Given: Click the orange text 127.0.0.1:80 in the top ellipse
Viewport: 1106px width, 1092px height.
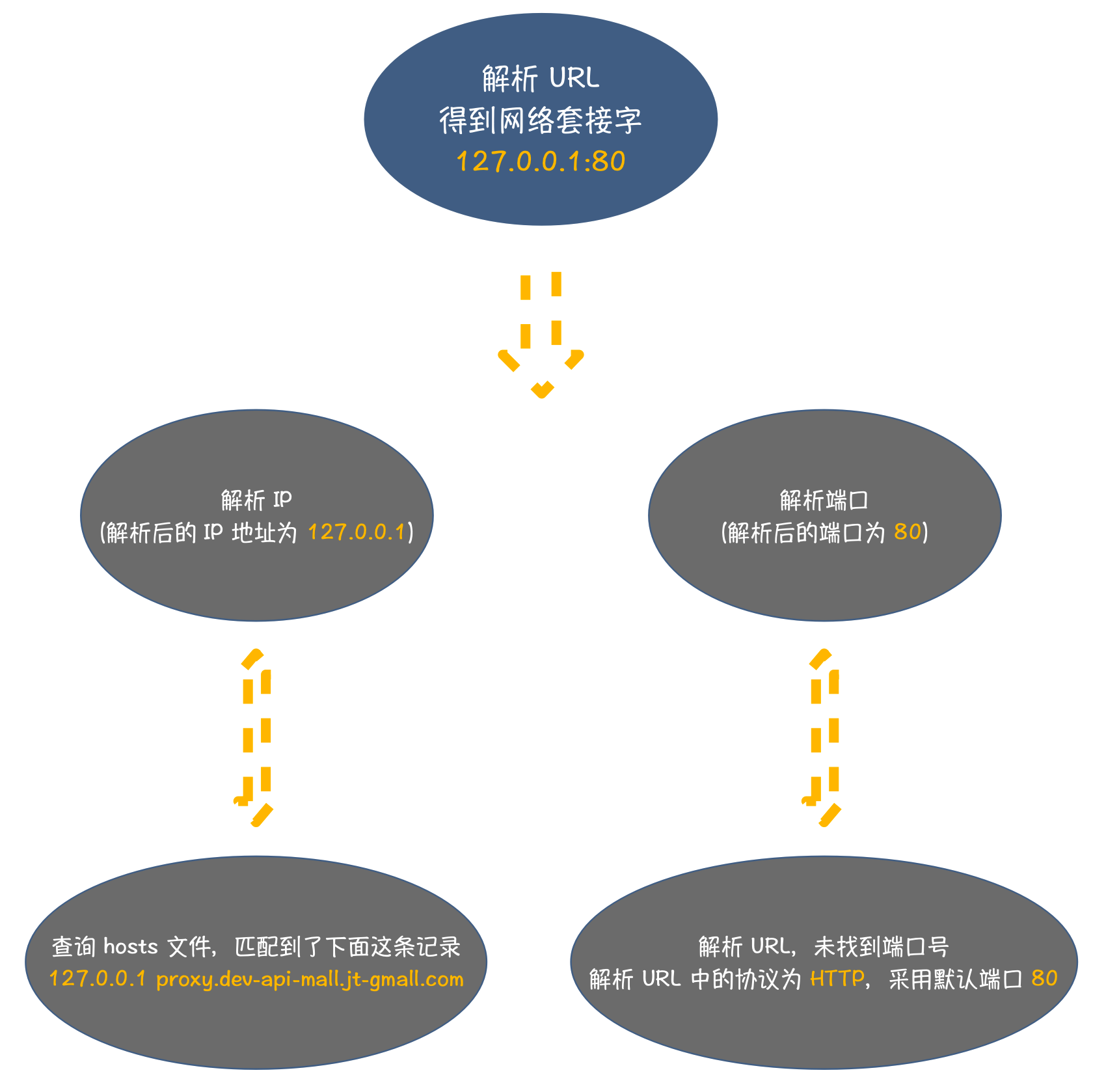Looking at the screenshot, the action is [x=541, y=161].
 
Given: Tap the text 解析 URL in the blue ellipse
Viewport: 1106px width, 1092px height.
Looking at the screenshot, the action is [x=541, y=79].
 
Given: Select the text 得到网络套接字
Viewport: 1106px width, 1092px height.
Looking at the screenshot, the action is [x=541, y=120].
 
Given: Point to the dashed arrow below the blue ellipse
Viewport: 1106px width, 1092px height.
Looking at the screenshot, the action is [x=541, y=334].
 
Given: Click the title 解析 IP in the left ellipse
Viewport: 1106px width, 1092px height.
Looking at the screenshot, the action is [x=256, y=500].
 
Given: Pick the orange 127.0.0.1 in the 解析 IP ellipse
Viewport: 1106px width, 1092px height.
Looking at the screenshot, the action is [x=357, y=532].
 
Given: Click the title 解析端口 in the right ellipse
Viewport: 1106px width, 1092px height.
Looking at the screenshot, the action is [x=824, y=500].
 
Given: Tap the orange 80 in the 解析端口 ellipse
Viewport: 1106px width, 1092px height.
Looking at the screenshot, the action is [x=908, y=532].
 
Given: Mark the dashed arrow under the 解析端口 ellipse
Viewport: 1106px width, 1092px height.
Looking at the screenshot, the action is [x=824, y=737].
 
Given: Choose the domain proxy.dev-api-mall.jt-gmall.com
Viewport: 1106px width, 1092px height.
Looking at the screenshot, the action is [x=310, y=979].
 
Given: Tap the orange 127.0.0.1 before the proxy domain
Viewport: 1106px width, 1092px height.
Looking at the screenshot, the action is [x=98, y=979].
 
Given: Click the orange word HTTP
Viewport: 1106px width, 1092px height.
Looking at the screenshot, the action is [x=837, y=978].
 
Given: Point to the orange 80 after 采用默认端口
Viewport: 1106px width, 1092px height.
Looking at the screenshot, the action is [x=1044, y=978].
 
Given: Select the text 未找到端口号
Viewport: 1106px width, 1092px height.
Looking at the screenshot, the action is [x=882, y=946].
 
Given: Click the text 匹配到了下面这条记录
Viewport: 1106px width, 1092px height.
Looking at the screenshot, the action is [x=347, y=946].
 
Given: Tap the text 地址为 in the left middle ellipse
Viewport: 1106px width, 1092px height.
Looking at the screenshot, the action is [x=265, y=532].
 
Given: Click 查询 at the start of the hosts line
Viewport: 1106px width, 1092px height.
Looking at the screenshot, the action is [x=74, y=946].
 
